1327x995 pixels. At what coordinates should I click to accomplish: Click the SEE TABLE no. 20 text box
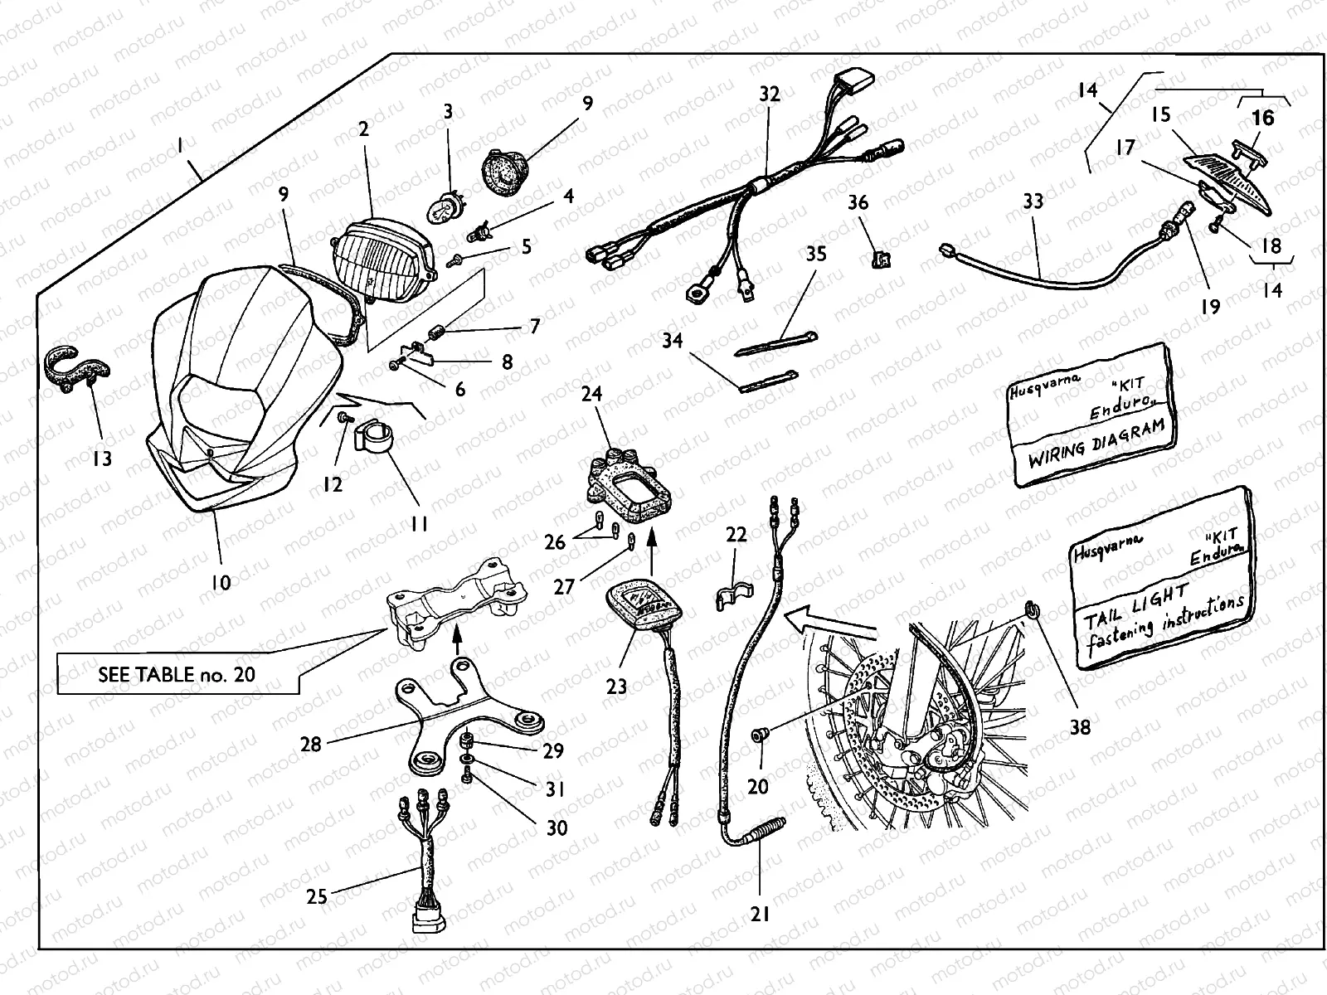click(176, 674)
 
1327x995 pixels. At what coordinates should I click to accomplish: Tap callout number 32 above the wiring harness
click(770, 95)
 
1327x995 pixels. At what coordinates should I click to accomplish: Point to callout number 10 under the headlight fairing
click(220, 582)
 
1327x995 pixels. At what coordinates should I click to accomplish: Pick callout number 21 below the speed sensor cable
click(760, 914)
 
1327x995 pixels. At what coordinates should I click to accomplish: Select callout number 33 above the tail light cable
click(1033, 201)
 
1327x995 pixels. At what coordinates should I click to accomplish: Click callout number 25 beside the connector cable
click(317, 895)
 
